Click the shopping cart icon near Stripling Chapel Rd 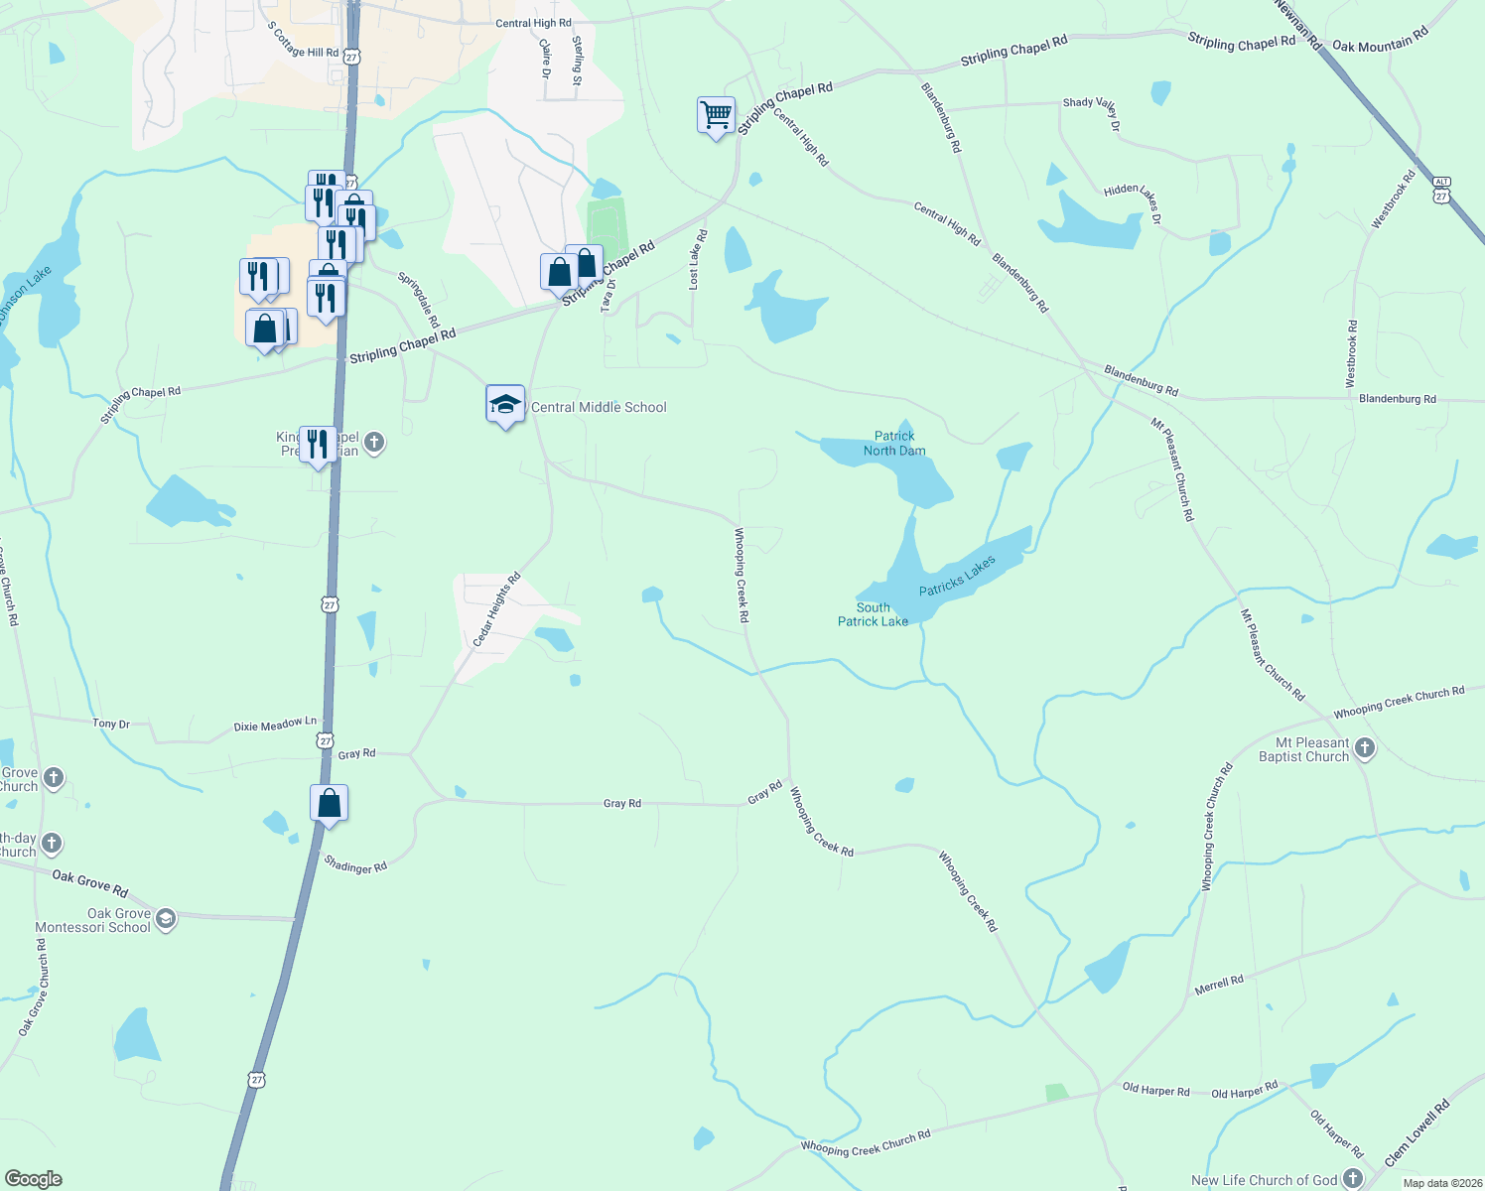coord(716,115)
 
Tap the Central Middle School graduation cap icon coord(505,404)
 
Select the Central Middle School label coord(599,407)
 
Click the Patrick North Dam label coord(894,444)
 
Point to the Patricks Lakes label coord(957,577)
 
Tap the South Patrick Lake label coord(873,614)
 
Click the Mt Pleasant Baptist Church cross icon coord(1365,748)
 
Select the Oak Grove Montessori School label coord(93,920)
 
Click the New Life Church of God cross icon coord(1353,1179)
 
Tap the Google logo coord(34,1179)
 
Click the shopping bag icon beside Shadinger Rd coord(329,804)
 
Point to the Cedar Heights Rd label coord(496,610)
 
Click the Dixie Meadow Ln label coord(275,726)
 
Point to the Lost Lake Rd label coord(697,260)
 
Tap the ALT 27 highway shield coord(1442,190)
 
